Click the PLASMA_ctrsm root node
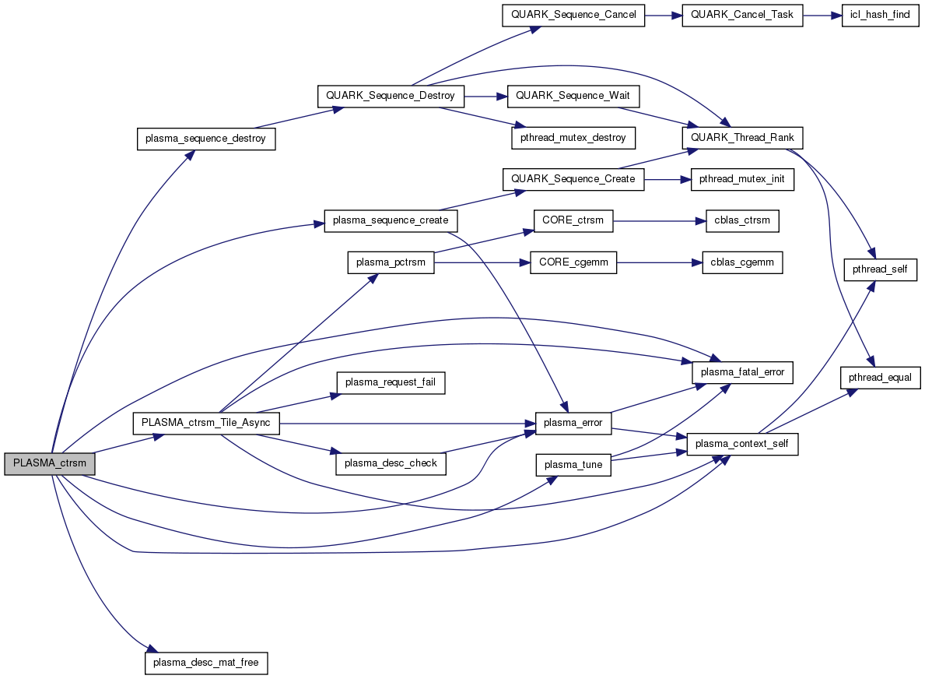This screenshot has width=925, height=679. (x=50, y=463)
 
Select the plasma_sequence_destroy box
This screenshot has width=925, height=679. (x=206, y=139)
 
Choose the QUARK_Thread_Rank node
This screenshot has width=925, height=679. (x=742, y=138)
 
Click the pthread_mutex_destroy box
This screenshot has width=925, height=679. (x=573, y=138)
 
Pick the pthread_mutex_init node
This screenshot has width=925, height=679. (x=742, y=179)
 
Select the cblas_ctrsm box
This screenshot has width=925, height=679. (x=741, y=220)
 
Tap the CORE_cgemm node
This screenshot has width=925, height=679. (x=573, y=262)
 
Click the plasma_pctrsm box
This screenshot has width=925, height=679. (x=391, y=262)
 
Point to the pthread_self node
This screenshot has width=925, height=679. (x=881, y=269)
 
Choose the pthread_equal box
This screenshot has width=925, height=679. (x=881, y=377)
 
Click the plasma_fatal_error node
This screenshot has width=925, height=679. (x=742, y=372)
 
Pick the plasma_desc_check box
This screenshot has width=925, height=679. (x=391, y=463)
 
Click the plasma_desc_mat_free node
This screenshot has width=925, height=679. (x=206, y=663)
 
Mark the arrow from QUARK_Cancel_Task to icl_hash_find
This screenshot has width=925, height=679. (x=822, y=15)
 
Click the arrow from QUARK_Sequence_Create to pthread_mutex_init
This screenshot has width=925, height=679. (x=667, y=179)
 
